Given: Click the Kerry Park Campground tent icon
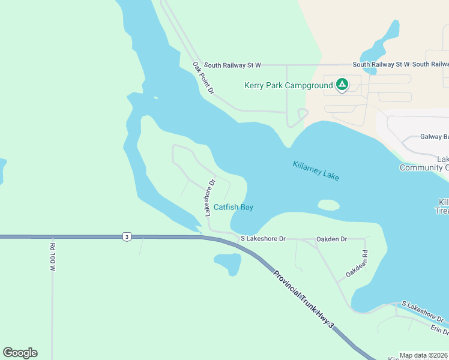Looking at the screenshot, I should point(342,85).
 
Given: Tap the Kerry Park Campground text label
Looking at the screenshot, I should point(288,85).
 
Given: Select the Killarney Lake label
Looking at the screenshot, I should point(316,171).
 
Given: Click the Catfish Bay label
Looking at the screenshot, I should point(234,208).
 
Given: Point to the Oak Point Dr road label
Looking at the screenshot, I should point(203,78).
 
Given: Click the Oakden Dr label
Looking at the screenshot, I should point(331,239).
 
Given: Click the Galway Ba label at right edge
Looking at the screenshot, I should point(434,137).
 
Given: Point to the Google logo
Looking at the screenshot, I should point(20,353).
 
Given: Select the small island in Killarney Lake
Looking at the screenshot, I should point(328,205).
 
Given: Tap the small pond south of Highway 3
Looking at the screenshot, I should point(228,263).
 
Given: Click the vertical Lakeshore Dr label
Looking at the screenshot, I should point(209,197).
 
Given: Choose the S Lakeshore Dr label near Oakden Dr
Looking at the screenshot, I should point(263,239).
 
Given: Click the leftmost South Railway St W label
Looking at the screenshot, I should point(232,64).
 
